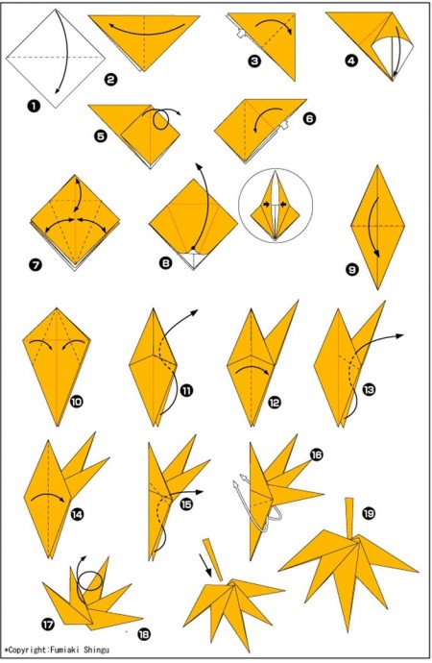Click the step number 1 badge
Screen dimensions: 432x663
pos(34,106)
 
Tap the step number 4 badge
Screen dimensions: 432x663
pos(351,61)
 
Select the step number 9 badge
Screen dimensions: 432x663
pos(352,269)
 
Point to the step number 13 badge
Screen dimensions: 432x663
pos(369,389)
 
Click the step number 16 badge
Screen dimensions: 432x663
pos(316,454)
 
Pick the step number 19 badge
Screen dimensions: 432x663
pos(369,513)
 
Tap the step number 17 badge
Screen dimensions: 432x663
pos(48,624)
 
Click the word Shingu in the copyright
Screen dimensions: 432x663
pos(96,650)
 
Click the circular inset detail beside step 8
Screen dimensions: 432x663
pos(276,205)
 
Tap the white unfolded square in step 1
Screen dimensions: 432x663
pos(56,58)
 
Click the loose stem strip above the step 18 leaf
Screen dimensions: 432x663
pos(212,559)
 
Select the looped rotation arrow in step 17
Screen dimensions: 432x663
pos(89,582)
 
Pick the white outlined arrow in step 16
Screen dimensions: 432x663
pos(253,503)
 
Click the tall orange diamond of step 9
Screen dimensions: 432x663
pos(377,227)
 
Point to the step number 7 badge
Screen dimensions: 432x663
pos(36,265)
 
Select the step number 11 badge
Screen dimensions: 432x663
pos(186,390)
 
